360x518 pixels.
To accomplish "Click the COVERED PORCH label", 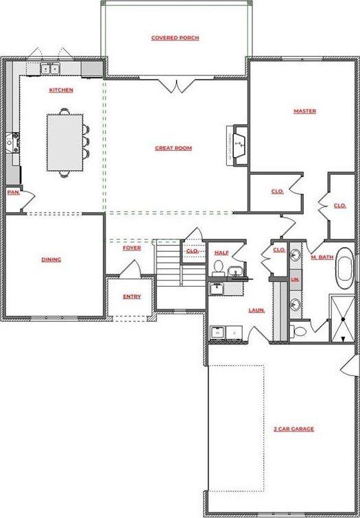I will pos(175,38).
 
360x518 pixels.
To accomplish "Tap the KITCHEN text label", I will pos(61,90).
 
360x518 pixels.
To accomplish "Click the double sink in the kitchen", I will pos(50,69).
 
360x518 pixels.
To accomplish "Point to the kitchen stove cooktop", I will pos(12,143).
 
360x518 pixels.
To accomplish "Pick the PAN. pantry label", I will pos(13,193).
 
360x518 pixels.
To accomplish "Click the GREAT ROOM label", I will pos(173,148).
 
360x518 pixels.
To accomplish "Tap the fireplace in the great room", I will pos(238,145).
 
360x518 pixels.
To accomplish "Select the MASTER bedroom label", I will pos(304,110).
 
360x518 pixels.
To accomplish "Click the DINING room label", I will pos(51,259).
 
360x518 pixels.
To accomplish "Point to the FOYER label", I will pos(132,248).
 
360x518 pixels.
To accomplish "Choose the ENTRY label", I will pos(132,296).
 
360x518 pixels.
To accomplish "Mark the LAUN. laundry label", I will pos(256,310).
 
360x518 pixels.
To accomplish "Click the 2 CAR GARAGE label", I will pos(293,429).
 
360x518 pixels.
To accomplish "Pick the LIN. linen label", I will pos(295,280).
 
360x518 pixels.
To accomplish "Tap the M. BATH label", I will pos(321,257).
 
